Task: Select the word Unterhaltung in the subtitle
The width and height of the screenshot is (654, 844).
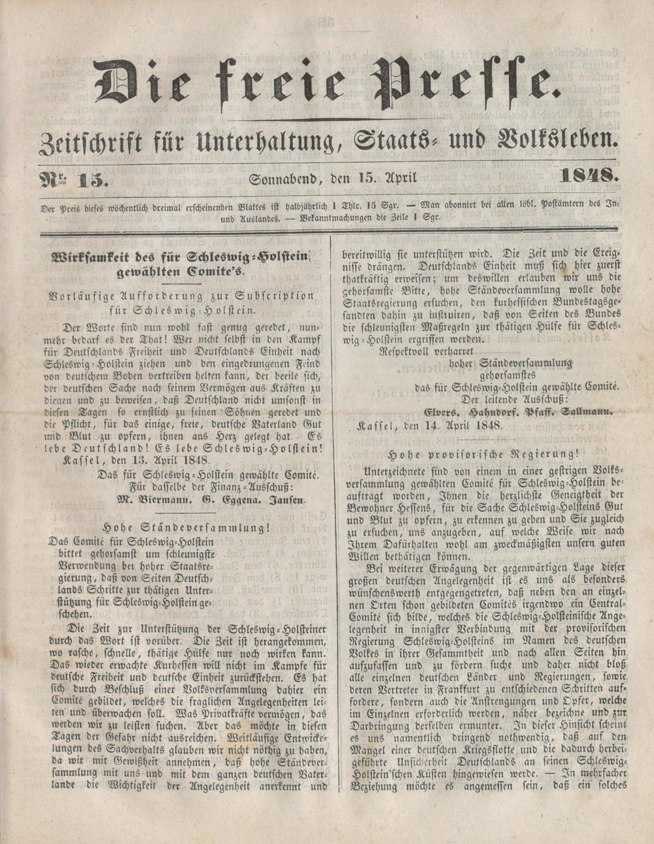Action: tap(266, 140)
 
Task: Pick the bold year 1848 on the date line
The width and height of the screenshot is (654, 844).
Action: tap(589, 175)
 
